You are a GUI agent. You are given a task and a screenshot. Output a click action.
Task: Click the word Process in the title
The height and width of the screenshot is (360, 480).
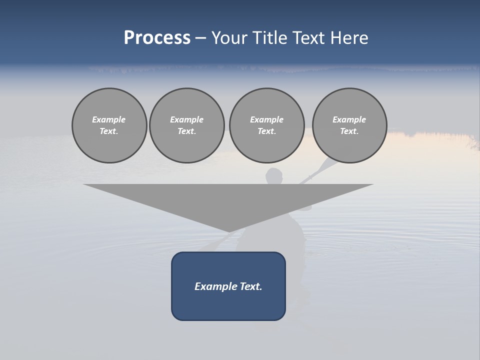pyautogui.click(x=157, y=38)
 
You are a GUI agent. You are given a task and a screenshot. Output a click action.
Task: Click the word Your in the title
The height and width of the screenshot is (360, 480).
pyautogui.click(x=229, y=38)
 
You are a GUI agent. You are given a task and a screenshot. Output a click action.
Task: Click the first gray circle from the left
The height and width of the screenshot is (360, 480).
pyautogui.click(x=109, y=125)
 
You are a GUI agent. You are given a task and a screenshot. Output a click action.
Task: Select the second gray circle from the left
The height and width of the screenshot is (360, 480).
pyautogui.click(x=187, y=125)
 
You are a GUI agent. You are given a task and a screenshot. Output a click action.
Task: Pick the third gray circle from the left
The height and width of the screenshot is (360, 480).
pyautogui.click(x=266, y=125)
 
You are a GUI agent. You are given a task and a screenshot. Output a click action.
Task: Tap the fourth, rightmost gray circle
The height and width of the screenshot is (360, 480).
pyautogui.click(x=349, y=125)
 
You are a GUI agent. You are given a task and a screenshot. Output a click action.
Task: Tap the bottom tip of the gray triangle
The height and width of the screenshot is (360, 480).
pyautogui.click(x=229, y=230)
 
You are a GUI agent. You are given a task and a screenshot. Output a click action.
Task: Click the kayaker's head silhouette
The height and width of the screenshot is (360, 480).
pyautogui.click(x=274, y=176)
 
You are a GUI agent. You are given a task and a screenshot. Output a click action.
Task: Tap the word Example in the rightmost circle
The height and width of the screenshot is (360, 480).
pyautogui.click(x=349, y=119)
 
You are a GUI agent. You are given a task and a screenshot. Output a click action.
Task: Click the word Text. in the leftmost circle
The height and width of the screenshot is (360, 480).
pyautogui.click(x=109, y=131)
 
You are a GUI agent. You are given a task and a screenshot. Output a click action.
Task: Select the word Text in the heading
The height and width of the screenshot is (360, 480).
pyautogui.click(x=309, y=38)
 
